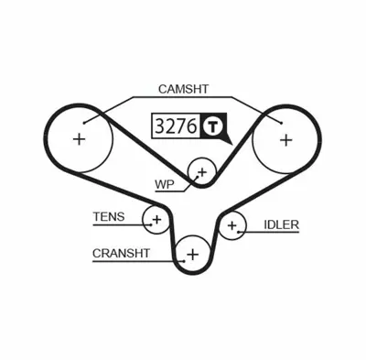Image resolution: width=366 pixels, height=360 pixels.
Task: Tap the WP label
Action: click(164, 183)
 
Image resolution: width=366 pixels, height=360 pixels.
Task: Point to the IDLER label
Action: click(282, 224)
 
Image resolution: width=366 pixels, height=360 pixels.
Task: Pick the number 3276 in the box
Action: click(174, 126)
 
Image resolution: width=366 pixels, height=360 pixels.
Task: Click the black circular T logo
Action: click(212, 126)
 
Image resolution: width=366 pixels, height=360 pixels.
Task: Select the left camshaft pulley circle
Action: click(80, 139)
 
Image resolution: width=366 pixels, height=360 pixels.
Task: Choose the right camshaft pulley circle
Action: click(285, 139)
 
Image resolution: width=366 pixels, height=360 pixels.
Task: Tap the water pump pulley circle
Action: click(201, 171)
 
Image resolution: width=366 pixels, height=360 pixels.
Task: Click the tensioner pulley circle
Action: click(156, 220)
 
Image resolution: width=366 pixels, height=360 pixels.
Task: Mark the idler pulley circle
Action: click(232, 224)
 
